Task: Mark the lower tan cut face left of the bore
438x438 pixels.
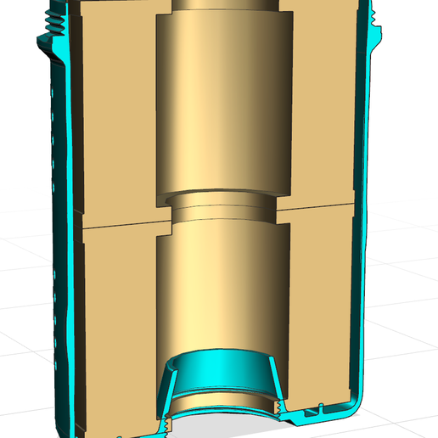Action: click(110, 323)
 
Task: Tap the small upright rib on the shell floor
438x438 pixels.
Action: click(321, 408)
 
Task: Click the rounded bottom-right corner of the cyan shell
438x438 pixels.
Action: click(355, 401)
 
